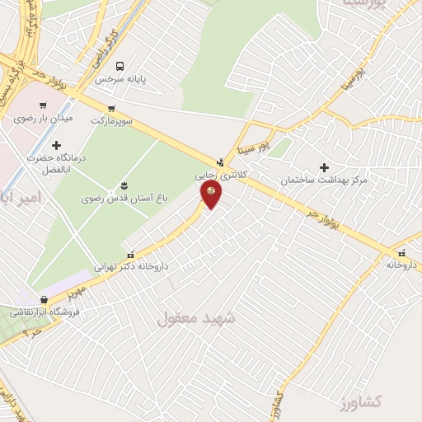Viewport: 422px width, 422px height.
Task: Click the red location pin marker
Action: (x=211, y=194)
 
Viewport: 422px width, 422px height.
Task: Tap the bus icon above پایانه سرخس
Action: (x=121, y=65)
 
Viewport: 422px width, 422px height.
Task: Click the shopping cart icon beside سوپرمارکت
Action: (x=111, y=108)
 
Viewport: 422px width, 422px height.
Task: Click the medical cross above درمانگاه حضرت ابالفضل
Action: (x=56, y=145)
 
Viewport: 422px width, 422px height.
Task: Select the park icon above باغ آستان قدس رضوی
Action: (x=125, y=184)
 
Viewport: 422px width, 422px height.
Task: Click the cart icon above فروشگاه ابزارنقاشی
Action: (x=44, y=300)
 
